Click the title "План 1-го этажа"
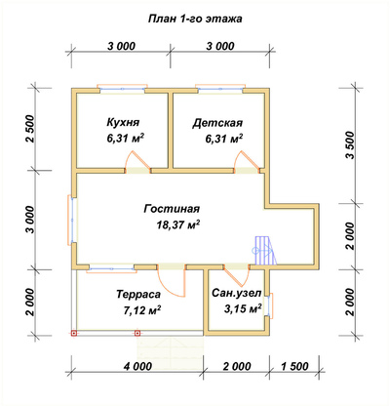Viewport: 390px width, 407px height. (195, 19)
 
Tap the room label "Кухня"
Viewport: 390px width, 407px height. (123, 123)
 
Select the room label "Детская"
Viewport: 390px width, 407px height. (217, 123)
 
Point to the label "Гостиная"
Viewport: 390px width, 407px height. (172, 209)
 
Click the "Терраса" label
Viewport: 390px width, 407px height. (138, 294)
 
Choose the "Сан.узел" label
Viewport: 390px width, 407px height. (237, 293)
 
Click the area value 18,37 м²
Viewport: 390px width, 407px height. (177, 224)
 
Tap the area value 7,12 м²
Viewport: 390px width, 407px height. (142, 310)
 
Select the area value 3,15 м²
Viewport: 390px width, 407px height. (243, 308)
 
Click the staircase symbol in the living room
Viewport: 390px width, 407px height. (265, 251)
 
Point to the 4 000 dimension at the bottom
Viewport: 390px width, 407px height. (137, 366)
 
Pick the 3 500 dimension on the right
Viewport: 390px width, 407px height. (350, 145)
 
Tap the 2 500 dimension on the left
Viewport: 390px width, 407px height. (30, 129)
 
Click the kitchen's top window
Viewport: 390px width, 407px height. (122, 89)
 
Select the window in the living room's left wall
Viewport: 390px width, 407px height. (72, 220)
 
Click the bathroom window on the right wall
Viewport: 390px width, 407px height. (270, 305)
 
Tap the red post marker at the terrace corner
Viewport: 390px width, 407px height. (74, 333)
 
